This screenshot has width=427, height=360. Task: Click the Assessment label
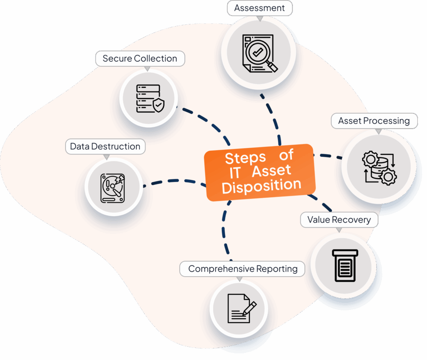(259, 8)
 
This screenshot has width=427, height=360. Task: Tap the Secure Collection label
(140, 59)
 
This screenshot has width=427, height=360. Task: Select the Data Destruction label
(105, 146)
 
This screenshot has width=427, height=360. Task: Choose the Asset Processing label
(374, 121)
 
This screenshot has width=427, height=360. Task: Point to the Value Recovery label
(339, 219)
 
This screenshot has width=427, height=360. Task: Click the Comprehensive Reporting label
(243, 269)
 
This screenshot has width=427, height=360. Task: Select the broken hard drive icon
(113, 188)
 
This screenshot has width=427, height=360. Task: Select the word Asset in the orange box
(271, 170)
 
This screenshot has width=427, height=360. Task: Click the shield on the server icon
(158, 106)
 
